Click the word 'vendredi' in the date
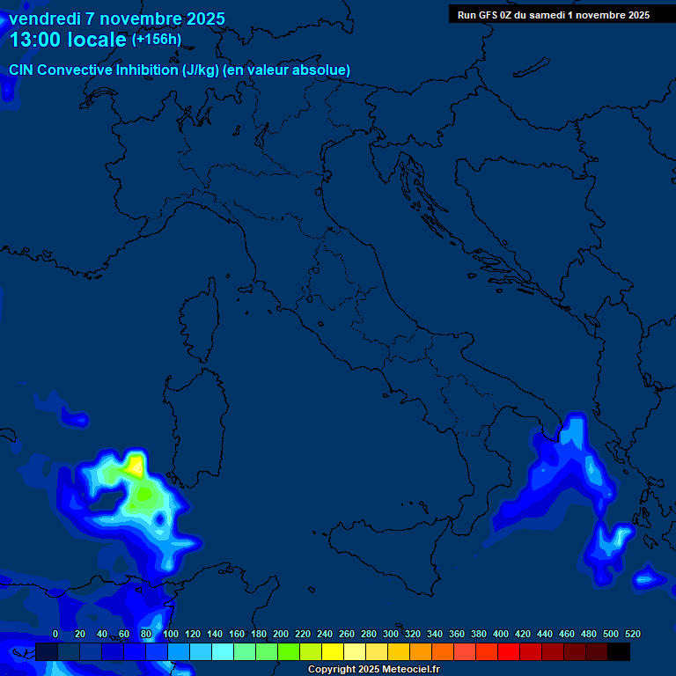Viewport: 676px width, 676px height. (44, 18)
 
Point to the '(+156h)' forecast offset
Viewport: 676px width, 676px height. (157, 40)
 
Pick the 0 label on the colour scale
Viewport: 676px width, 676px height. (55, 634)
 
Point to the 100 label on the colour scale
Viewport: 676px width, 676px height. (171, 634)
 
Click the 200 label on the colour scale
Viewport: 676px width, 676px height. (281, 634)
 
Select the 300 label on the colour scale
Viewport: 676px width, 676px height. (391, 634)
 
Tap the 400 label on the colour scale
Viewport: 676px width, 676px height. (501, 634)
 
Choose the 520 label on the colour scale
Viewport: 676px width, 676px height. (632, 634)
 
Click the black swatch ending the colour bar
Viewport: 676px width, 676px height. (619, 651)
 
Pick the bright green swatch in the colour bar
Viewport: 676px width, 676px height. (289, 651)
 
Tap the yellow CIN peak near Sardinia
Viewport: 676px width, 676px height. (136, 464)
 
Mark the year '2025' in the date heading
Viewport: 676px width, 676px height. (202, 18)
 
